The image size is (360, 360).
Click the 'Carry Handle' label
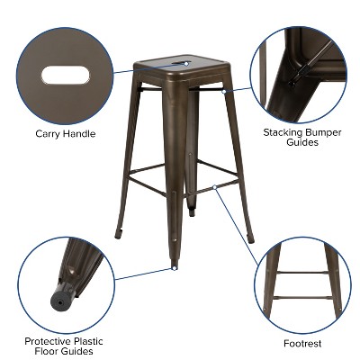[65, 134]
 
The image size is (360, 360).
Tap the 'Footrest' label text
[301, 343]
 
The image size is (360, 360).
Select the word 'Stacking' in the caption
[283, 131]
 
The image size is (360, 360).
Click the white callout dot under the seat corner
[223, 90]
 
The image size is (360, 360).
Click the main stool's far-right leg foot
[251, 239]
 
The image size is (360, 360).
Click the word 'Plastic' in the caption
[95, 341]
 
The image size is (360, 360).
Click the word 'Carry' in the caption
[47, 134]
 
